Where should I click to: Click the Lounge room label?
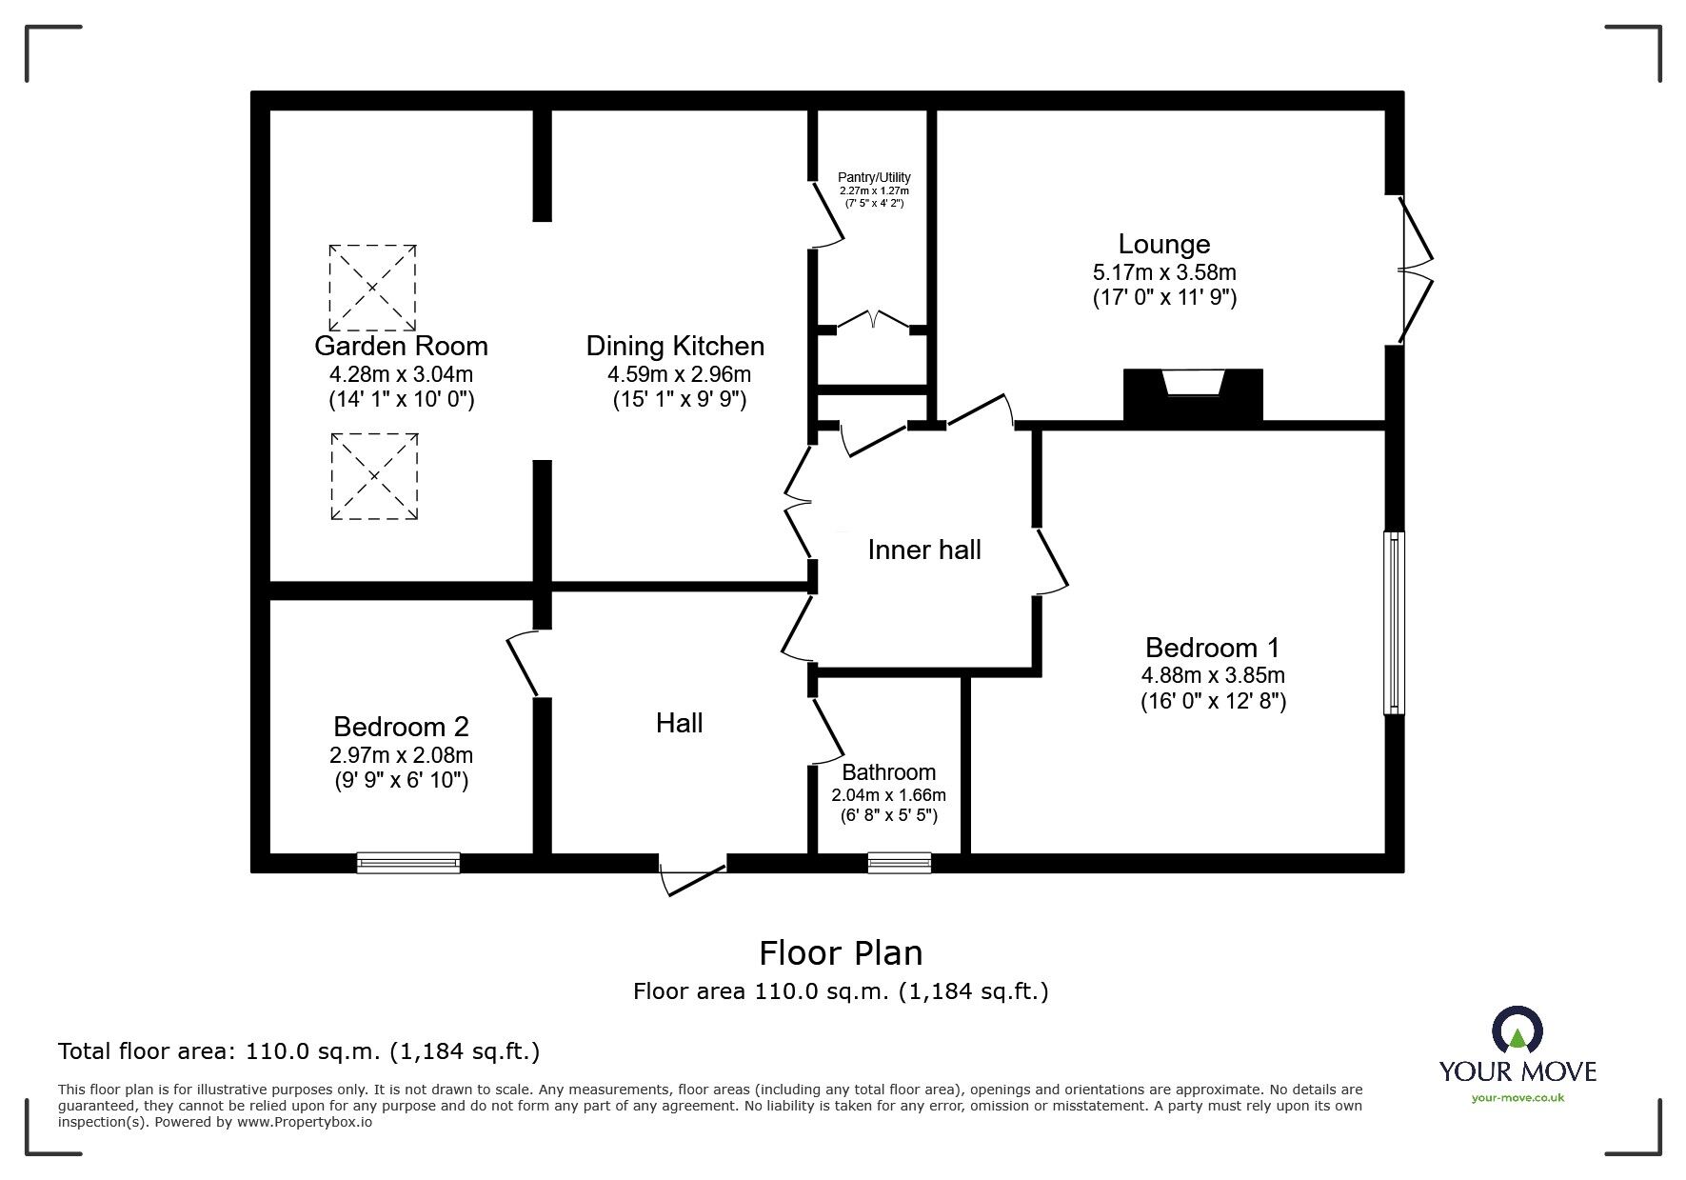[1163, 245]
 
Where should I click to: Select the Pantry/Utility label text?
[873, 177]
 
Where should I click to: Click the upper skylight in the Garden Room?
[372, 286]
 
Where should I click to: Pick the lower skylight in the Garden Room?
[374, 476]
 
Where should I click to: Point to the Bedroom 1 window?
[1394, 622]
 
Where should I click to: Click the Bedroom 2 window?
[408, 863]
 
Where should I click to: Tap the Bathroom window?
[899, 863]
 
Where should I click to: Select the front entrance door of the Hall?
[693, 878]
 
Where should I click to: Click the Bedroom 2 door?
[524, 664]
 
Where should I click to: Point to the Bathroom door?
[828, 730]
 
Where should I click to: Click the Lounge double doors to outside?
[1416, 270]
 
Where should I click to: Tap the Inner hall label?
[923, 550]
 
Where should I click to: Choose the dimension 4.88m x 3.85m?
[1213, 676]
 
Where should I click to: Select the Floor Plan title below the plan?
[841, 952]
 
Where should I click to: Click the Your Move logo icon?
[1517, 1031]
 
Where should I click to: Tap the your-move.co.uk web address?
[1517, 1098]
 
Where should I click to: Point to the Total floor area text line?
[299, 1051]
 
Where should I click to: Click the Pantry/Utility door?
[827, 214]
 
